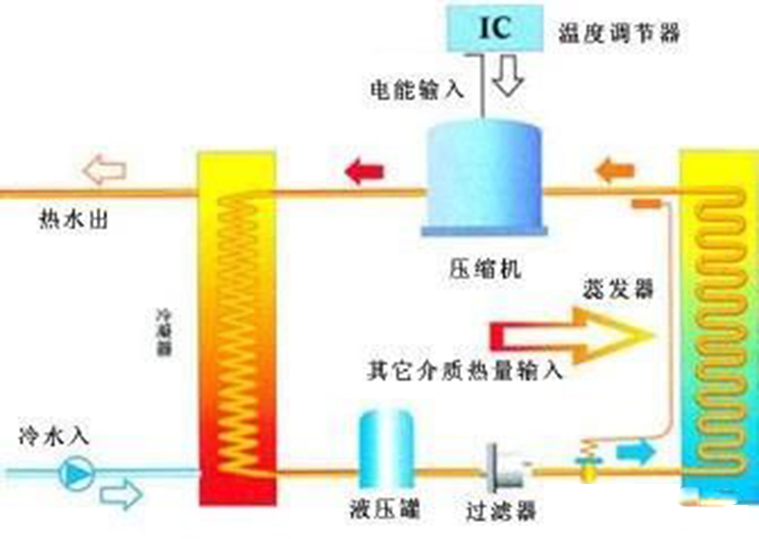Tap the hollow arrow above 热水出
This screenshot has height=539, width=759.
pos(103,172)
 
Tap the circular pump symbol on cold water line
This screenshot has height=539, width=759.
pos(77,473)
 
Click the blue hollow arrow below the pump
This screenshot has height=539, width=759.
pos(120,493)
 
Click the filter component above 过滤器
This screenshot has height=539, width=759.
pos(502,465)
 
